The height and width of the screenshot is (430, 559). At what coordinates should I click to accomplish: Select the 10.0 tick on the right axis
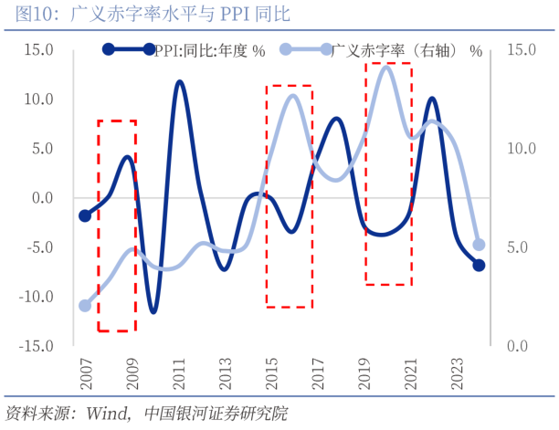(520, 148)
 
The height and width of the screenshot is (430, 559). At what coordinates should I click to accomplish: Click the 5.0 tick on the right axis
(517, 247)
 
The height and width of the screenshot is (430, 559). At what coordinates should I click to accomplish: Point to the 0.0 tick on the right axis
(517, 346)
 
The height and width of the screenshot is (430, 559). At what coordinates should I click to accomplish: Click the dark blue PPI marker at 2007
(86, 215)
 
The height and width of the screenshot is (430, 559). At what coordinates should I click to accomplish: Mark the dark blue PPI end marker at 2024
(479, 265)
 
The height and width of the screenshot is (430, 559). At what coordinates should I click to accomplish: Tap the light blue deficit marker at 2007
(86, 306)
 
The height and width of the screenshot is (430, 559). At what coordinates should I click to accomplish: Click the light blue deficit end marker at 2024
(479, 245)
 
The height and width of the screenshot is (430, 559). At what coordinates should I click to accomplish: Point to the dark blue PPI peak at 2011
(179, 82)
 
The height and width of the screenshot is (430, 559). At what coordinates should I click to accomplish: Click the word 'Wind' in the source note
(108, 414)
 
